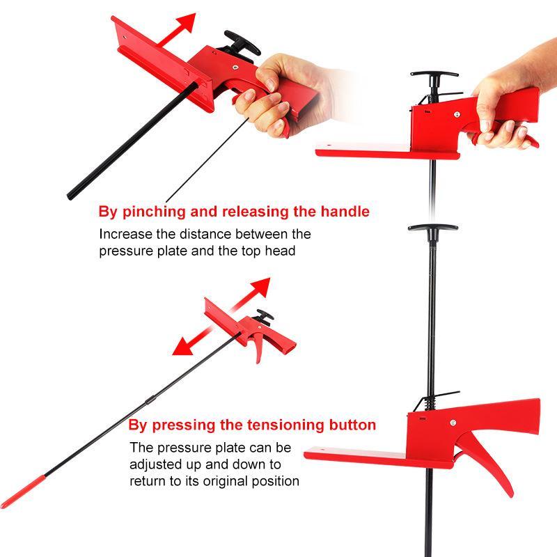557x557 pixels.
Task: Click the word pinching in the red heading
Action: (154, 212)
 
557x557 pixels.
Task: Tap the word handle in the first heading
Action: (345, 212)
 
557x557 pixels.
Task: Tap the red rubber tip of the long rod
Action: (22, 492)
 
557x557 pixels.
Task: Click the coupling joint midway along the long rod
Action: (151, 400)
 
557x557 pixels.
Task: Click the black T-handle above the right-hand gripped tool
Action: (434, 75)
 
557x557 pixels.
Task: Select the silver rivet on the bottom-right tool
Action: (453, 423)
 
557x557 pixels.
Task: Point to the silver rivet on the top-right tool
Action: (457, 114)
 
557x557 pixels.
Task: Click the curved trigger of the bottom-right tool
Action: (489, 464)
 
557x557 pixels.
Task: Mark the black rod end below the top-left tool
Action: (70, 196)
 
